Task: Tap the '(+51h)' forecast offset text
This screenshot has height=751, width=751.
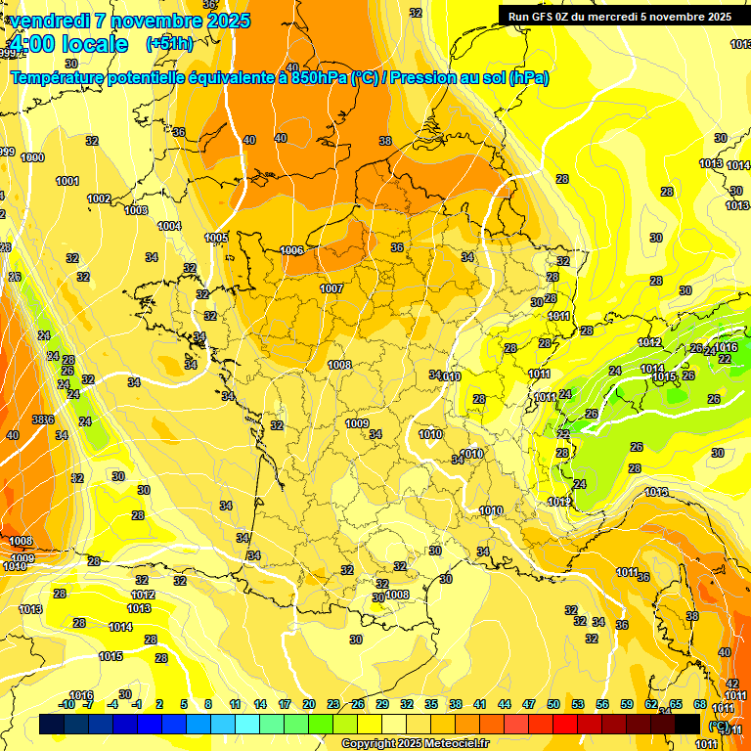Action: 169,44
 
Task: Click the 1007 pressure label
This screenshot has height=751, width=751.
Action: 331,288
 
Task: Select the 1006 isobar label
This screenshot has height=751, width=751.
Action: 291,250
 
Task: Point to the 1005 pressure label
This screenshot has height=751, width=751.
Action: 217,238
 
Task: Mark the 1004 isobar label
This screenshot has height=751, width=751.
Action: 169,226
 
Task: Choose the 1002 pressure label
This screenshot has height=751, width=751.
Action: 99,199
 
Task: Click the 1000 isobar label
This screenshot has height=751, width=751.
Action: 32,157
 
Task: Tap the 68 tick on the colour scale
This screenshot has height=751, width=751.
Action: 700,704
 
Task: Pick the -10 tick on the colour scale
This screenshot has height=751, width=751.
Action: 66,704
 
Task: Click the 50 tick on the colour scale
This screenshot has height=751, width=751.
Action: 553,704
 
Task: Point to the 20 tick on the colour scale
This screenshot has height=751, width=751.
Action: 309,704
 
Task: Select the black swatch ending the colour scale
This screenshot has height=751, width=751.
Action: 687,724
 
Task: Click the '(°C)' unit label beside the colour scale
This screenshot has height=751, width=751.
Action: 719,726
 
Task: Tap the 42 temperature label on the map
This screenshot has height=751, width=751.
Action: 731,684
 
